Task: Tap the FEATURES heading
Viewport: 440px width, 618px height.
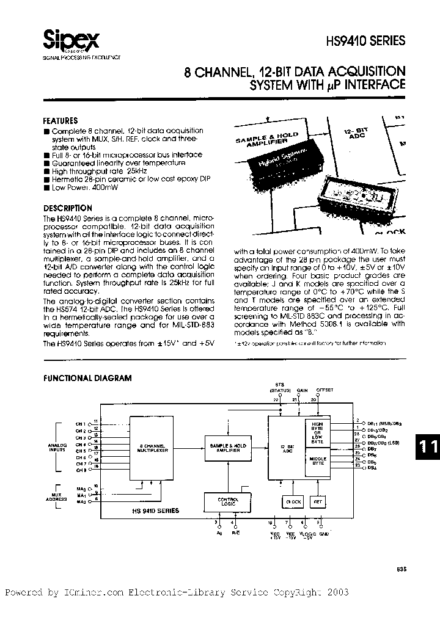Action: [x=61, y=121]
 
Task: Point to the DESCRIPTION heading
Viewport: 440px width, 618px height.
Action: [x=68, y=208]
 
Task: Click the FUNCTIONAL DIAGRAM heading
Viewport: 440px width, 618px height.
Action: [x=87, y=378]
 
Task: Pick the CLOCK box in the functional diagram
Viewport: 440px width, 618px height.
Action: [x=294, y=502]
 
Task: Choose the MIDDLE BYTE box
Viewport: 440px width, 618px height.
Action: [x=318, y=461]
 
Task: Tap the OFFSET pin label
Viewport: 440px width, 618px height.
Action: [x=325, y=389]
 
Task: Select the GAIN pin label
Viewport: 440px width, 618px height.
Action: [x=302, y=389]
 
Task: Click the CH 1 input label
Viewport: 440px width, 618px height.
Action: [x=81, y=423]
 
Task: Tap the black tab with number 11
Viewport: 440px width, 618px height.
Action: [x=428, y=448]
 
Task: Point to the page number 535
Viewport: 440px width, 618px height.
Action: [x=400, y=569]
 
